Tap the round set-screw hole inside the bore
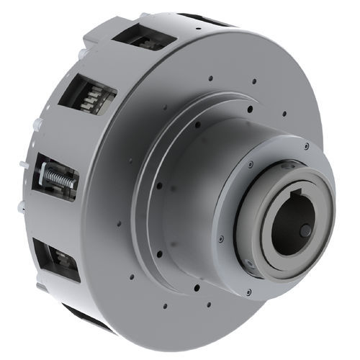[x=306, y=230]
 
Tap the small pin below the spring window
[x=21, y=207]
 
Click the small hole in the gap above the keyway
[x=291, y=167]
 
